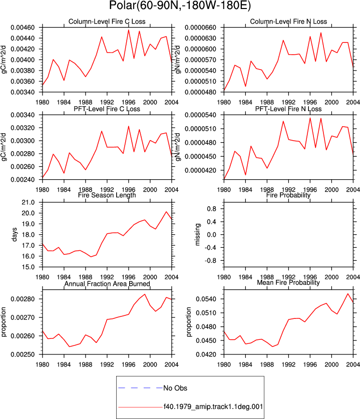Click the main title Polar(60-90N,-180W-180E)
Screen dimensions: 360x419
(180, 6)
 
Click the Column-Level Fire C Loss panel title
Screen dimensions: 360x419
(107, 22)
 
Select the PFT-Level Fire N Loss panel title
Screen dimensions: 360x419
(288, 109)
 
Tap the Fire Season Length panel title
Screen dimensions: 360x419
(107, 195)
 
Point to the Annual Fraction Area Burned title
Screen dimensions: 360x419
(107, 283)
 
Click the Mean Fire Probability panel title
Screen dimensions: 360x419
(288, 282)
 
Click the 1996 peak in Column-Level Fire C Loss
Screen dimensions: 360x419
(129, 30)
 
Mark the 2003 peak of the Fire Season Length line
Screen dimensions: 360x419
(166, 212)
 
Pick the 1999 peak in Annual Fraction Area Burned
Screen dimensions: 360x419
(145, 294)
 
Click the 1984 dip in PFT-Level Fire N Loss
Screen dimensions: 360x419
(246, 175)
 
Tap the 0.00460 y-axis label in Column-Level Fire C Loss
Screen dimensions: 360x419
(23, 28)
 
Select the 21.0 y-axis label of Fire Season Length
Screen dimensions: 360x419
(28, 202)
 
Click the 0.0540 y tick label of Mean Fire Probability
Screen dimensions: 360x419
(206, 299)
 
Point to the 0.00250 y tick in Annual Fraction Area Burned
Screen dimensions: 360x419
(23, 354)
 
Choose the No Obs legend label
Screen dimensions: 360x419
(175, 388)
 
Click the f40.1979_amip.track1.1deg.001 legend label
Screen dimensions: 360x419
(213, 406)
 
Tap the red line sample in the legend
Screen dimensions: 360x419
(140, 407)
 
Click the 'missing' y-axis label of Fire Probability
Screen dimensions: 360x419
(197, 234)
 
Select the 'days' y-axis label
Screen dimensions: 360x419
(14, 234)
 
